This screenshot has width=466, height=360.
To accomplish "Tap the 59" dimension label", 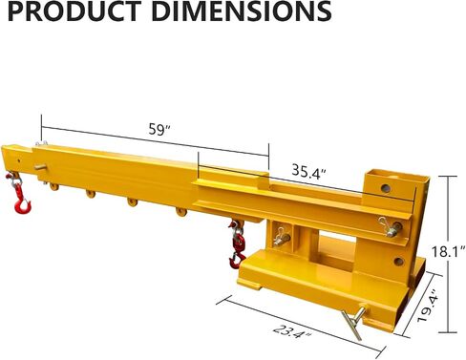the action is pyautogui.click(x=159, y=130).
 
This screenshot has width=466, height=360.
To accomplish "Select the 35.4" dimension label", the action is pyautogui.click(x=309, y=171).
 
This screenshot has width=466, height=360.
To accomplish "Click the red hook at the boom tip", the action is pyautogui.click(x=22, y=201).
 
